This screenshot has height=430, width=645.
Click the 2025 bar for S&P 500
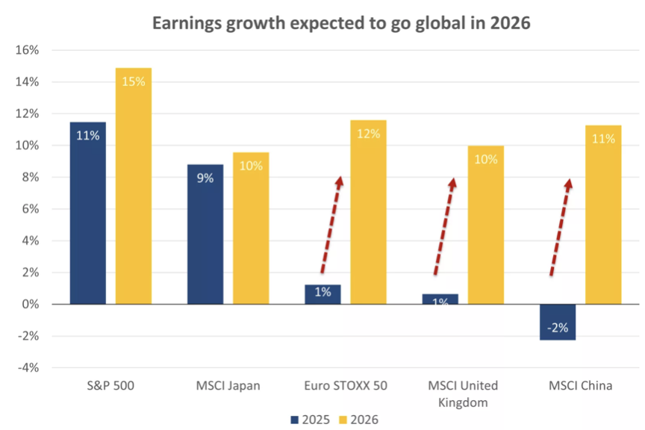[88, 213]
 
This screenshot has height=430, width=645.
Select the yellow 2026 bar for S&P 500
[133, 187]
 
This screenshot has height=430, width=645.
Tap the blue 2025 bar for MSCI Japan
[205, 234]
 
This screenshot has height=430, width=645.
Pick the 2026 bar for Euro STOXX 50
[369, 212]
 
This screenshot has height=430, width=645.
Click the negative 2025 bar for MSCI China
[558, 322]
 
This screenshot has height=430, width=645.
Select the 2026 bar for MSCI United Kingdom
[486, 225]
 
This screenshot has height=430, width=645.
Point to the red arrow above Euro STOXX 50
[331, 225]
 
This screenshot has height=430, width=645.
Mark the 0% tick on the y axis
[28, 304]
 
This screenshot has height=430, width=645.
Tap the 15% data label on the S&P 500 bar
[133, 81]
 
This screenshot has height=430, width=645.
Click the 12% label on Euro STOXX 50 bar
[369, 134]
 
